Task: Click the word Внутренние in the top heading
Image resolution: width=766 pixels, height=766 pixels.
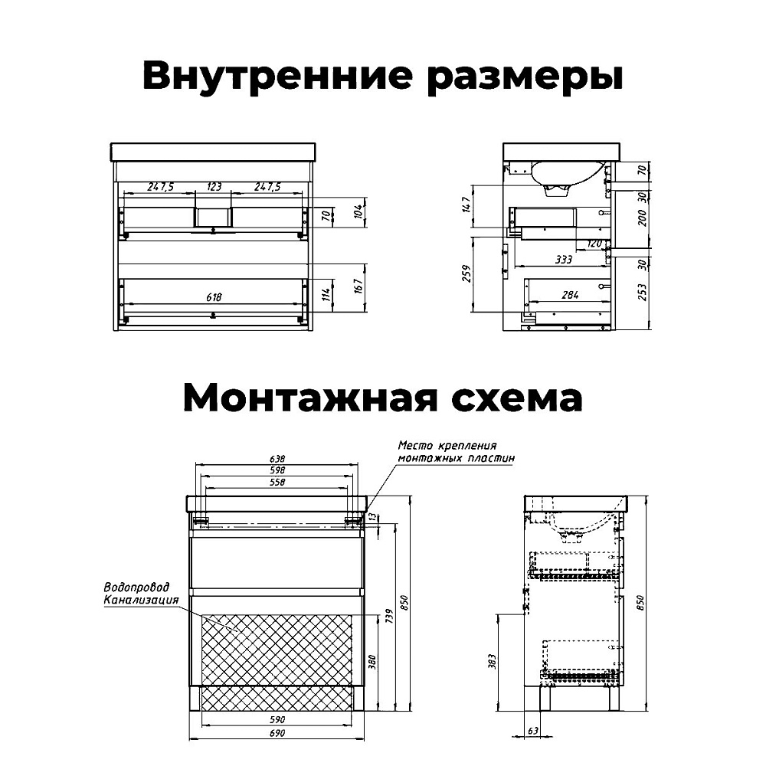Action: [277, 75]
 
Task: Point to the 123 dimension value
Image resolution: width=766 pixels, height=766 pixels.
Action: [214, 187]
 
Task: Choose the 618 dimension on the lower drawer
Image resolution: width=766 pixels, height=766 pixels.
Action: [214, 297]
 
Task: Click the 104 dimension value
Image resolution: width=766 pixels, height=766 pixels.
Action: [358, 211]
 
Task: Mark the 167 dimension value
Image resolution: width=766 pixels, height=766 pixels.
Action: [358, 286]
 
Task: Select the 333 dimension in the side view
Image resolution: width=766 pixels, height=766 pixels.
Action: [563, 260]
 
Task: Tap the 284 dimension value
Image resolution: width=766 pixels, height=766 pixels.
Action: [570, 295]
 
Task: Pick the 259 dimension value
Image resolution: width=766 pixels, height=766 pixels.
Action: [466, 273]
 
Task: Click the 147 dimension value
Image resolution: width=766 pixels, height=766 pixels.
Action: [466, 204]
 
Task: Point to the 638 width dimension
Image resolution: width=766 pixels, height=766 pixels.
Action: [277, 459]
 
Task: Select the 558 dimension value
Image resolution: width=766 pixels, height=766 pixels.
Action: [277, 482]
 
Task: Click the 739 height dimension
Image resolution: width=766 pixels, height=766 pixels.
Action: [389, 616]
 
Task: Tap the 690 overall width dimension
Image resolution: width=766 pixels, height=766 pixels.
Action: [277, 733]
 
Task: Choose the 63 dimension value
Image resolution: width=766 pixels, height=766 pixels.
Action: [532, 731]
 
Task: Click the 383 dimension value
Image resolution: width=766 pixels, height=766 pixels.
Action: [492, 662]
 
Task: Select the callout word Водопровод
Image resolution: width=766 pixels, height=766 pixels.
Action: [137, 587]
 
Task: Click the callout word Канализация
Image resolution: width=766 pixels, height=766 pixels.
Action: [141, 599]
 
